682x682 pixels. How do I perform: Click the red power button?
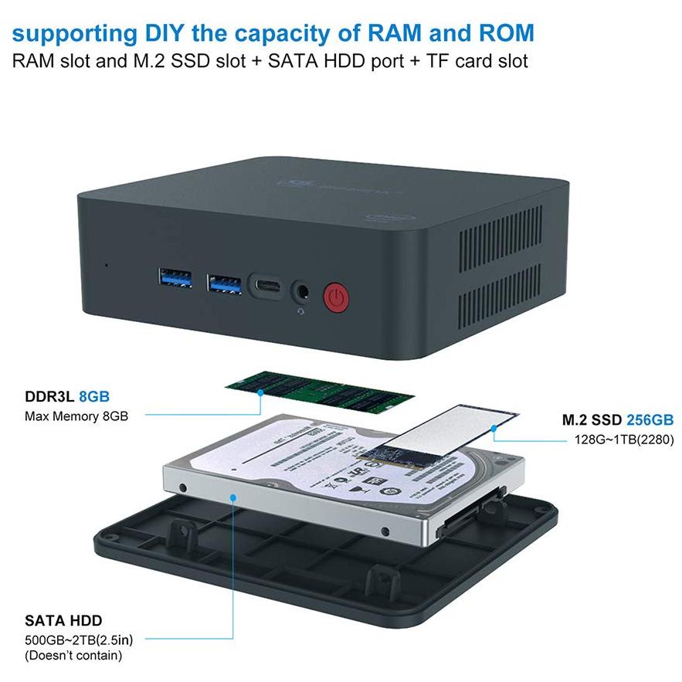point(334,296)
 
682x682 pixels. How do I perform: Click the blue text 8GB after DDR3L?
point(93,397)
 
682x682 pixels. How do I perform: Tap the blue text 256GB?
point(650,420)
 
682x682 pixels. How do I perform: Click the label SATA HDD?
point(63,620)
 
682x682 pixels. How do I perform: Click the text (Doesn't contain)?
point(73,656)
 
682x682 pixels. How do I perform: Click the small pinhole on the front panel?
point(106,266)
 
